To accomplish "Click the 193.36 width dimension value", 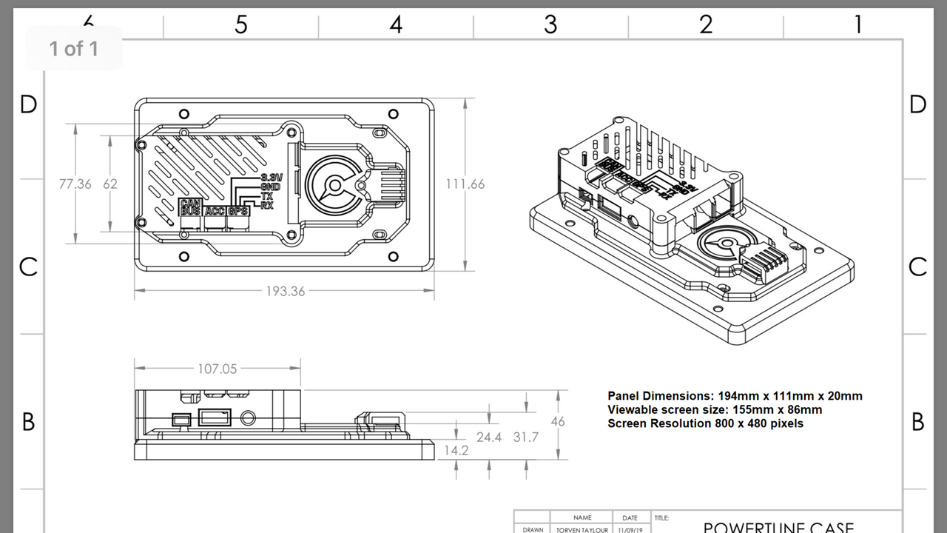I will [x=286, y=291].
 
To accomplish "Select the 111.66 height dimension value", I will [x=465, y=184].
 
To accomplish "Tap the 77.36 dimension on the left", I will [x=75, y=184].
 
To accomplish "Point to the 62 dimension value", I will [x=110, y=184].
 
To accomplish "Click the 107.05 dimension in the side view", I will [x=218, y=369].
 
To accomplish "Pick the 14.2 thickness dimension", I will [x=456, y=450].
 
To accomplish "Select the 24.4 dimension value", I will [x=489, y=438].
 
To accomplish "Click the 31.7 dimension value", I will [x=526, y=438].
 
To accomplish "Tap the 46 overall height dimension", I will [x=558, y=421].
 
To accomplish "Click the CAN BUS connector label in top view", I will [x=191, y=207].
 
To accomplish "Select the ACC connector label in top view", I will [x=215, y=212].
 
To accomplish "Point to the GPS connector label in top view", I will [x=238, y=212].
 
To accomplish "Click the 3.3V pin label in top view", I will [x=272, y=178].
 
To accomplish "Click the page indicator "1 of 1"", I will [x=73, y=49].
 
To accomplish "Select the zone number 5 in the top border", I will [x=241, y=24].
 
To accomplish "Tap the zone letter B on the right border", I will [x=918, y=421].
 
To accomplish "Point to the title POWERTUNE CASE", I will [x=778, y=527].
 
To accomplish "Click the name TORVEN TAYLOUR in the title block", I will [x=582, y=529].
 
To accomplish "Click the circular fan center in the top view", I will [x=334, y=185].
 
